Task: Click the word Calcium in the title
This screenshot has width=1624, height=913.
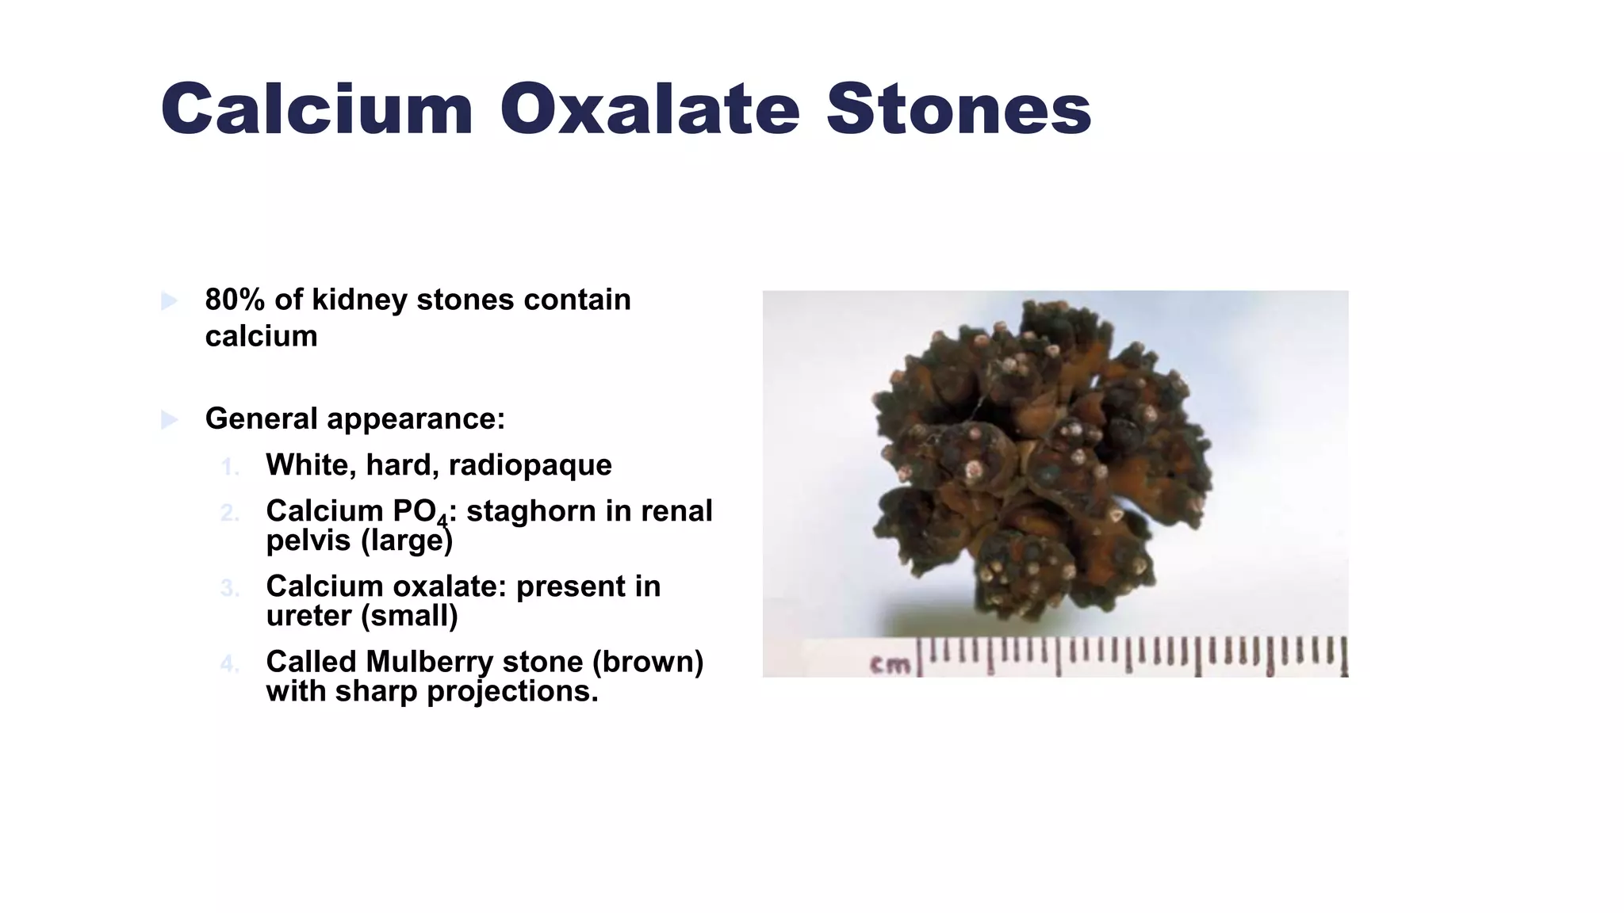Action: point(317,109)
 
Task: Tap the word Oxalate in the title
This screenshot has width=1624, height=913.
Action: point(649,109)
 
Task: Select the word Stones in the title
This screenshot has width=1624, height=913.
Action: point(959,109)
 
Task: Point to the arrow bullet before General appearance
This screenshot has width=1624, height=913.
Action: point(169,419)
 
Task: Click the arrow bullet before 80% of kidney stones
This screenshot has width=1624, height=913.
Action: point(169,300)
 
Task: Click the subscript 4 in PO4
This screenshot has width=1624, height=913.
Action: point(442,521)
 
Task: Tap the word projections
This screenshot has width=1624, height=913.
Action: point(512,692)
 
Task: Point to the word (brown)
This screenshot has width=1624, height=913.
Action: point(648,662)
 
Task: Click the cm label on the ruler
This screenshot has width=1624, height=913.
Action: point(890,664)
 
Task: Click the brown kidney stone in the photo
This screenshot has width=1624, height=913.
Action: point(1039,460)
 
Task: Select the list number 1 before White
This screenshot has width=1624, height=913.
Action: point(229,467)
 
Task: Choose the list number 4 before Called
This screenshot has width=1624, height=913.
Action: point(229,663)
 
